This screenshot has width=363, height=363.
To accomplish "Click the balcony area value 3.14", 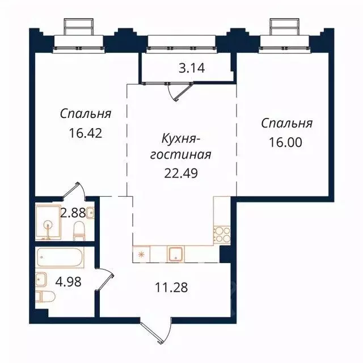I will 191,69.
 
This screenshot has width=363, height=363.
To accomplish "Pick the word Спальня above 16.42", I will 86,113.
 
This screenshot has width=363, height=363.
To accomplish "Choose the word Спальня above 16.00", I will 287,123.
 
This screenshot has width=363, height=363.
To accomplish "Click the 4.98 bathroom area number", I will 62,282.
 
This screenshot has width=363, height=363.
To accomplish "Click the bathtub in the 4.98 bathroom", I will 60,259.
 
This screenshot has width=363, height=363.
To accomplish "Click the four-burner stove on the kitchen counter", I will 220,233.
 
